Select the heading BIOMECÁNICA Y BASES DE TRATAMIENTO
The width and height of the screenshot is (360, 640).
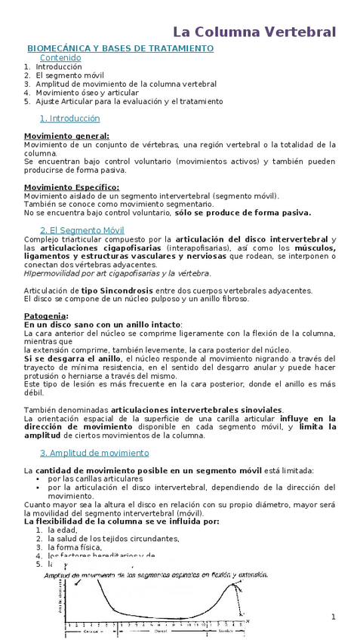coord(121,48)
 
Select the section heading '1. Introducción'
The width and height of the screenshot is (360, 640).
coord(69,118)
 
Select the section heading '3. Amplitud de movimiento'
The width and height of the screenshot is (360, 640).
coord(94,453)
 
